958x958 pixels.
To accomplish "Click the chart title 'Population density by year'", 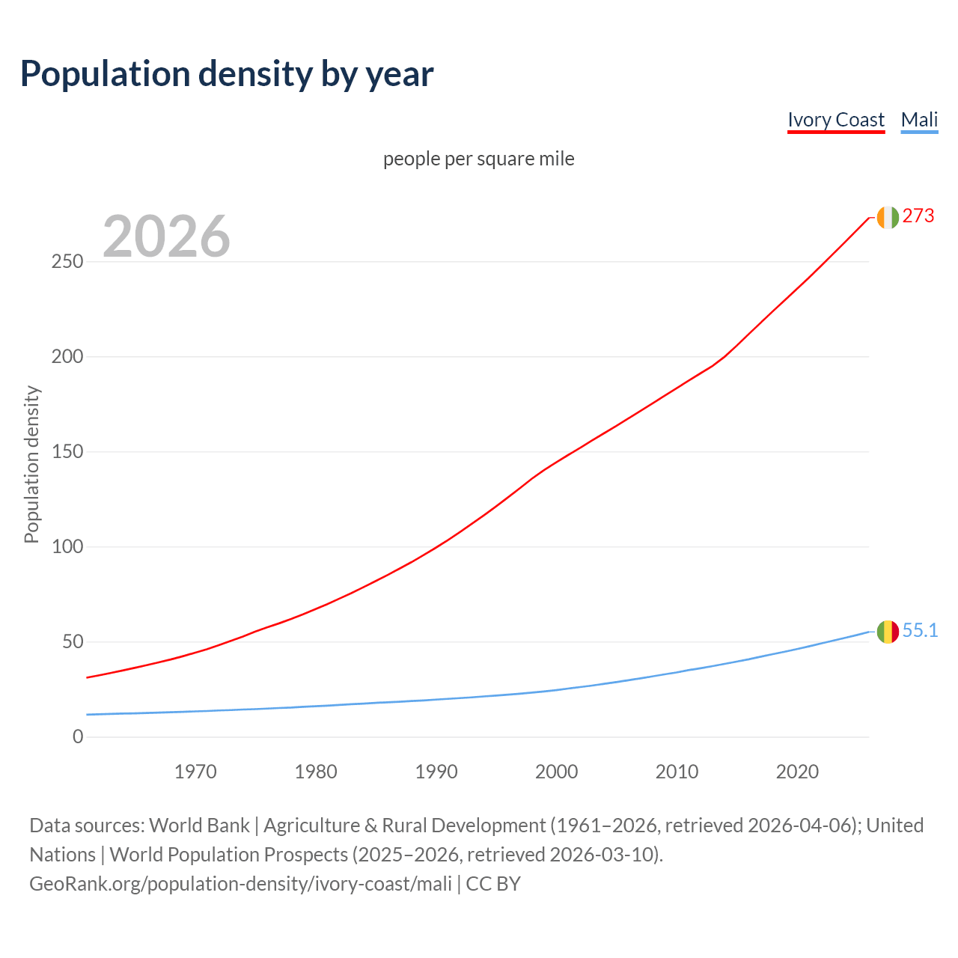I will coord(227,74).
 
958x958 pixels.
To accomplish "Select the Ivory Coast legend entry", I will coord(836,120).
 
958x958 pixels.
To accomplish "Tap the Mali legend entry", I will coord(919,120).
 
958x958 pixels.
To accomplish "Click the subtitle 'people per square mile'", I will coord(479,159).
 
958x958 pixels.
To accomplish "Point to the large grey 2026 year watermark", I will coord(166,237).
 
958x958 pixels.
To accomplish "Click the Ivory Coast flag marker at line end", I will coord(888,217).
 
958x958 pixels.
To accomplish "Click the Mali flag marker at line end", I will coord(888,632).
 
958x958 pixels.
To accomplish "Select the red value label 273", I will coord(918,216).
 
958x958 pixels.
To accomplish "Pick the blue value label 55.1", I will coord(920,631).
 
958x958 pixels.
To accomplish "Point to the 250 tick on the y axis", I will coord(67,262).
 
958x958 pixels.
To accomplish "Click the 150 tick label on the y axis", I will coord(67,452).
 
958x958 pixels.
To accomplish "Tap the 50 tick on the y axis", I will coord(73,642).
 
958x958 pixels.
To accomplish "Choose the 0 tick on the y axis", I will coord(78,737).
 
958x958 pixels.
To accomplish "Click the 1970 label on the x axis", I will coord(195,772).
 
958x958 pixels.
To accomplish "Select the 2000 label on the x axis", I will coord(556,772).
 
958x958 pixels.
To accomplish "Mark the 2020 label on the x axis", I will coord(797,772).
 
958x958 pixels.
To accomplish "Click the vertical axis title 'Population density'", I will coord(31,464).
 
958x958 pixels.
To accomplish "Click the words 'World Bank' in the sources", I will coord(199,826).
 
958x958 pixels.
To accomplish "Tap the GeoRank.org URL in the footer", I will coord(240,884).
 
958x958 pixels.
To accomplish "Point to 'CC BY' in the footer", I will coord(493,884).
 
